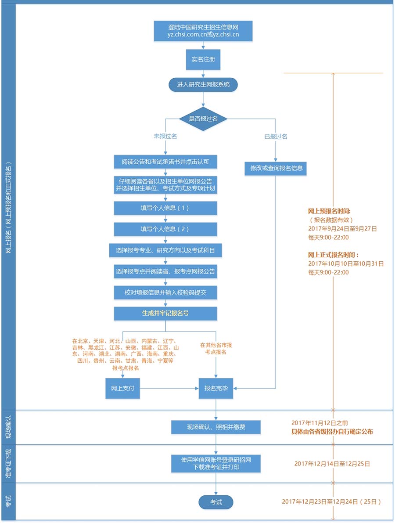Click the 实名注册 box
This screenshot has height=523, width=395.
click(203, 59)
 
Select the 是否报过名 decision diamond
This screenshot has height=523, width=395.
click(203, 119)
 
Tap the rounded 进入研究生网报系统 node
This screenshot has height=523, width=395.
click(203, 84)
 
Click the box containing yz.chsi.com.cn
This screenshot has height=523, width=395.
click(203, 31)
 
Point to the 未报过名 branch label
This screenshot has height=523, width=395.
click(165, 137)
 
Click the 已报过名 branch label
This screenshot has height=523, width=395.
click(276, 137)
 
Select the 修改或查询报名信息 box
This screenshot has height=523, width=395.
click(276, 168)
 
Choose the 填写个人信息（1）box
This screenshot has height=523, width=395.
click(165, 208)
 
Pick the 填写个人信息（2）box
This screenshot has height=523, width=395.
click(165, 229)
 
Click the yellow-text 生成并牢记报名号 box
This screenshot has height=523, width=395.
click(165, 314)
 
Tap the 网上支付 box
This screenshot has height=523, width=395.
click(122, 388)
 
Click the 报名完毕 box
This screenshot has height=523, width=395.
click(216, 388)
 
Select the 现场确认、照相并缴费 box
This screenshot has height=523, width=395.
click(216, 427)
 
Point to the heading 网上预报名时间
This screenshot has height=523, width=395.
click(329, 211)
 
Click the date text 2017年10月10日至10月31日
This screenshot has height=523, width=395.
click(346, 263)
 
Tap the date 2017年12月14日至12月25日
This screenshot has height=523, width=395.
click(332, 463)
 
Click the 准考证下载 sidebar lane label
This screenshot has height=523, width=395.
click(8, 464)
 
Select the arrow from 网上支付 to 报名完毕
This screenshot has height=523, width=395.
click(169, 388)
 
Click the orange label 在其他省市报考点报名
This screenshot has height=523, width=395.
click(216, 349)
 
